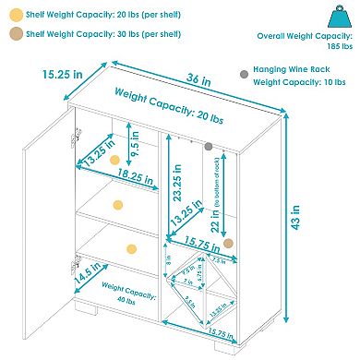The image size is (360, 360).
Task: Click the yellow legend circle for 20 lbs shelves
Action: tap(15, 17)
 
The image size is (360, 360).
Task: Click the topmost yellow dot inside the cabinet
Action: tap(114, 161)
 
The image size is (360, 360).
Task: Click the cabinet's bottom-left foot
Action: tap(92, 330)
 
